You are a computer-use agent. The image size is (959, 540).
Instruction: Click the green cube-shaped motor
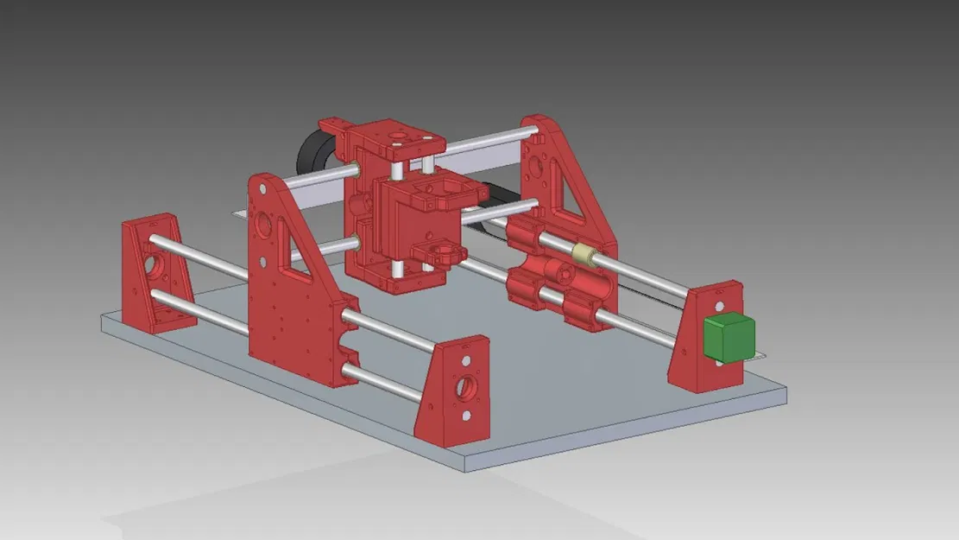(x=729, y=338)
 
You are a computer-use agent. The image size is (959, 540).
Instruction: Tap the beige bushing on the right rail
(x=584, y=253)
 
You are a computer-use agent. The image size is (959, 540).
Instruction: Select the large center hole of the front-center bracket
(x=465, y=384)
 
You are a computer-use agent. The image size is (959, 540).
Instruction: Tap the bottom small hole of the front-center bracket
(x=466, y=416)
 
